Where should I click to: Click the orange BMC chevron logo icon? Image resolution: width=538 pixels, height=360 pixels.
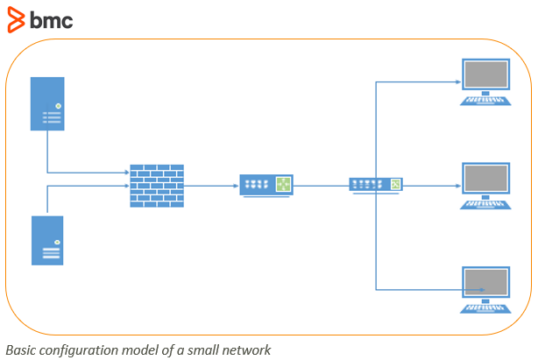(x=16, y=20)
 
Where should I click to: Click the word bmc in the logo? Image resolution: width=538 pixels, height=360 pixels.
(x=52, y=20)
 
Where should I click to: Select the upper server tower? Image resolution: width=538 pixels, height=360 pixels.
(x=47, y=103)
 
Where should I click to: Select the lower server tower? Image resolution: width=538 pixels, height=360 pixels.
(x=47, y=240)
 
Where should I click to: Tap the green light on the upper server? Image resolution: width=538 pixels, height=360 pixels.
(x=59, y=106)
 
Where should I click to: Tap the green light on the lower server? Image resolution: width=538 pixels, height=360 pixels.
(x=57, y=242)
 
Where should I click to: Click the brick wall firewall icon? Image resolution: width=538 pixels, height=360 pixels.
(x=157, y=186)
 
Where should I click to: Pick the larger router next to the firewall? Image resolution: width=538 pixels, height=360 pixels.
(x=266, y=186)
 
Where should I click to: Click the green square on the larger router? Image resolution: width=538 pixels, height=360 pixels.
(x=283, y=185)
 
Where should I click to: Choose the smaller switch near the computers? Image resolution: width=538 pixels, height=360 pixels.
(x=376, y=186)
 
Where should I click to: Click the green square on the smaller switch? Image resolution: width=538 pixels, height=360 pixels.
(x=395, y=184)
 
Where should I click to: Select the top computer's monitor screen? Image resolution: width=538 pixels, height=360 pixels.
(x=485, y=74)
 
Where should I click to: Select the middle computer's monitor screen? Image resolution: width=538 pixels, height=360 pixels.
(x=485, y=179)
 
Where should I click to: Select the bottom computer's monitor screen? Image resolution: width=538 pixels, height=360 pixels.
(x=485, y=282)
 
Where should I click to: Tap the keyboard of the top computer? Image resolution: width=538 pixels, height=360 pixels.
(x=485, y=101)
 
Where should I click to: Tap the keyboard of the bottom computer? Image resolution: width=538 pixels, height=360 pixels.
(x=485, y=308)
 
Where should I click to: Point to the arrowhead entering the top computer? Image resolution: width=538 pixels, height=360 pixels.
(x=458, y=82)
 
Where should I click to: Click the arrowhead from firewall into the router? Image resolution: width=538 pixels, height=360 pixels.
(x=236, y=186)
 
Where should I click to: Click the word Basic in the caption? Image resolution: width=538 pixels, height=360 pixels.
(x=20, y=350)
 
